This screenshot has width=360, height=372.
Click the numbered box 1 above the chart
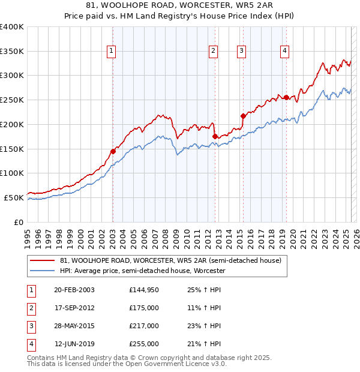click(x=112, y=52)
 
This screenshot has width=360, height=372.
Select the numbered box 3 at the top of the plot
click(x=241, y=52)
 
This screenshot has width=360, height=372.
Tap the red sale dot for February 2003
click(x=113, y=151)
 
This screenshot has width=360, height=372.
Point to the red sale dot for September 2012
click(x=215, y=137)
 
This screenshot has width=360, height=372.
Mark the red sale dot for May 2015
click(x=243, y=116)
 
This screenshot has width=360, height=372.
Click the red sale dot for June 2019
click(x=286, y=97)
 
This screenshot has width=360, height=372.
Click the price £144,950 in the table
click(x=143, y=290)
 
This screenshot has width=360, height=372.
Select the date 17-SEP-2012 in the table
click(x=74, y=308)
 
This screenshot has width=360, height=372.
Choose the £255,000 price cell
click(x=143, y=344)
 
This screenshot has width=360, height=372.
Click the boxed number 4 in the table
click(x=31, y=344)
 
